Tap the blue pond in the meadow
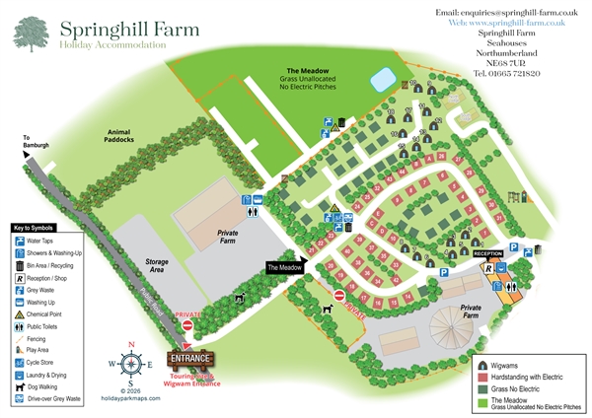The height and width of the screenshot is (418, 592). tap(380, 78)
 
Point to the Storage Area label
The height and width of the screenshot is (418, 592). tap(148, 263)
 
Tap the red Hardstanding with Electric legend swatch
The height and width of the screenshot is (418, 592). tap(485, 379)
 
